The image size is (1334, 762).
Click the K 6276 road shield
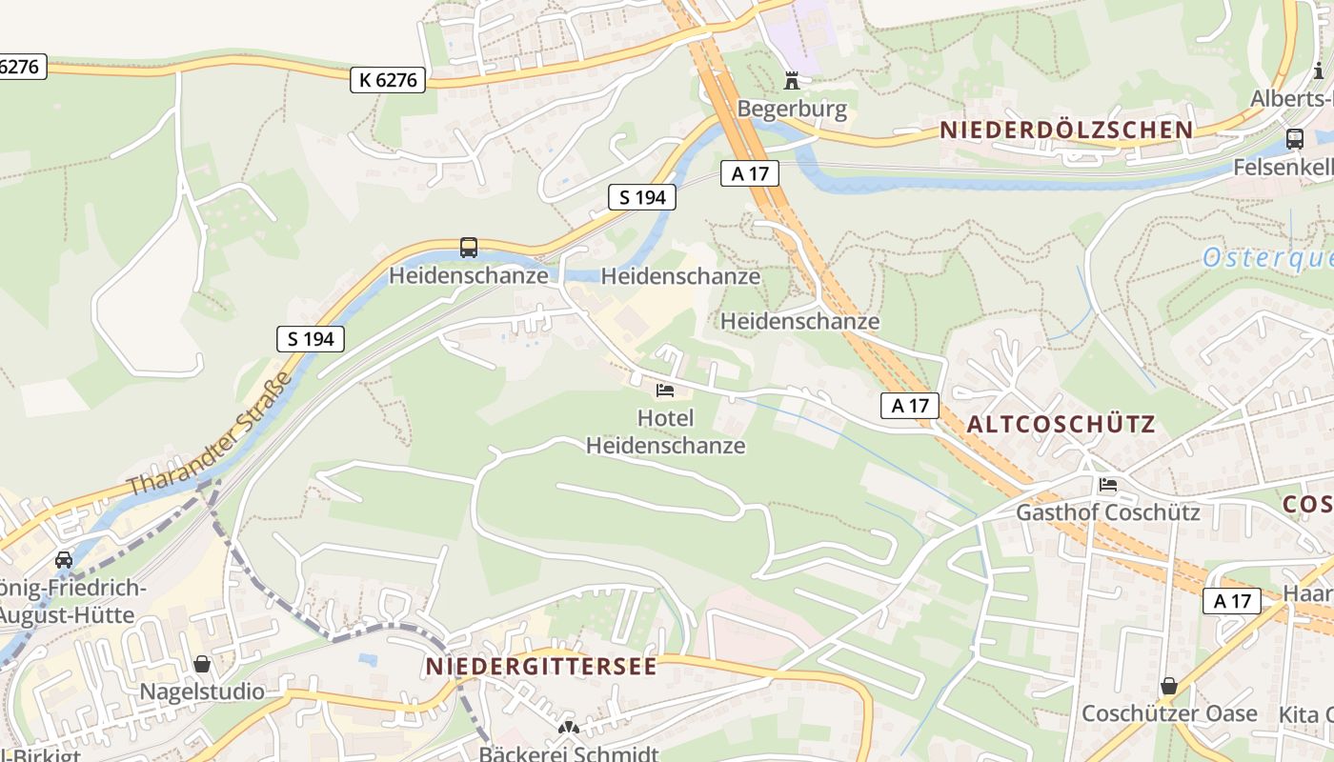387,80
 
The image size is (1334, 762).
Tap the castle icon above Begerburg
791,80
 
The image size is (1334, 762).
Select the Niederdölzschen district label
1066,130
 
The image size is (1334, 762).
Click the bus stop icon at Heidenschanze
469,248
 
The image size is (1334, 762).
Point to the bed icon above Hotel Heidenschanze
665,391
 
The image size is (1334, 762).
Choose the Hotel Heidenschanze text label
665,431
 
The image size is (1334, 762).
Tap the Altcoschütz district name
1061,425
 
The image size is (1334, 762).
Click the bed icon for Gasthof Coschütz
1107,485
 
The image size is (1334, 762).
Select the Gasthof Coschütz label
1107,512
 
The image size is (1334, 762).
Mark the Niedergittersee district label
541,666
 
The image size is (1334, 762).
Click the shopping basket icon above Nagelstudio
202,664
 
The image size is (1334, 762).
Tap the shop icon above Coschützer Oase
1169,686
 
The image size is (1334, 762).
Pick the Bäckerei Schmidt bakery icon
569,729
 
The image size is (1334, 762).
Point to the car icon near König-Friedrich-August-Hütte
64,560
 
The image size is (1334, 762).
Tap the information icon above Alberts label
1319,70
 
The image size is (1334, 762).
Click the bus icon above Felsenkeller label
1294,139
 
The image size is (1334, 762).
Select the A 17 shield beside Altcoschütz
909,406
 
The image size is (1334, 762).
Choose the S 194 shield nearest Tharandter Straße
311,338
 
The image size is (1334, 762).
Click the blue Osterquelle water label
1267,258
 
